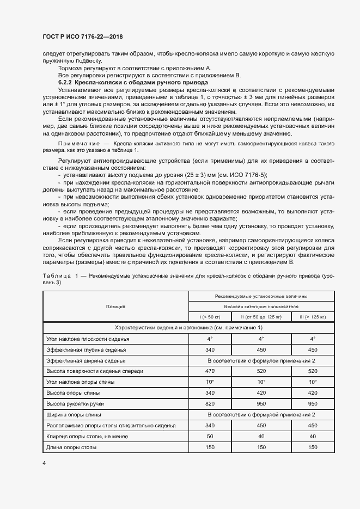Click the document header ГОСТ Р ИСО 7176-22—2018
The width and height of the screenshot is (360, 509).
[83, 36]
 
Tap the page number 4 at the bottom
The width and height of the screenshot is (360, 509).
[44, 463]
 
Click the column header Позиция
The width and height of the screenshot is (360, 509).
[115, 306]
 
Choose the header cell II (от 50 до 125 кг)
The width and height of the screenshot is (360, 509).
[260, 317]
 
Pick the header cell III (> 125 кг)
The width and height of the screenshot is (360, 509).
[313, 317]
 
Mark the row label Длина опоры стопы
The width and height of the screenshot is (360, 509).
[72, 447]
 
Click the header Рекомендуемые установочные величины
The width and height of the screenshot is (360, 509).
[261, 296]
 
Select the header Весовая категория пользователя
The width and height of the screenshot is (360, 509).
[261, 306]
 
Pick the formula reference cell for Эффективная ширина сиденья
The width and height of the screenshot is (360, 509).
[261, 360]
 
